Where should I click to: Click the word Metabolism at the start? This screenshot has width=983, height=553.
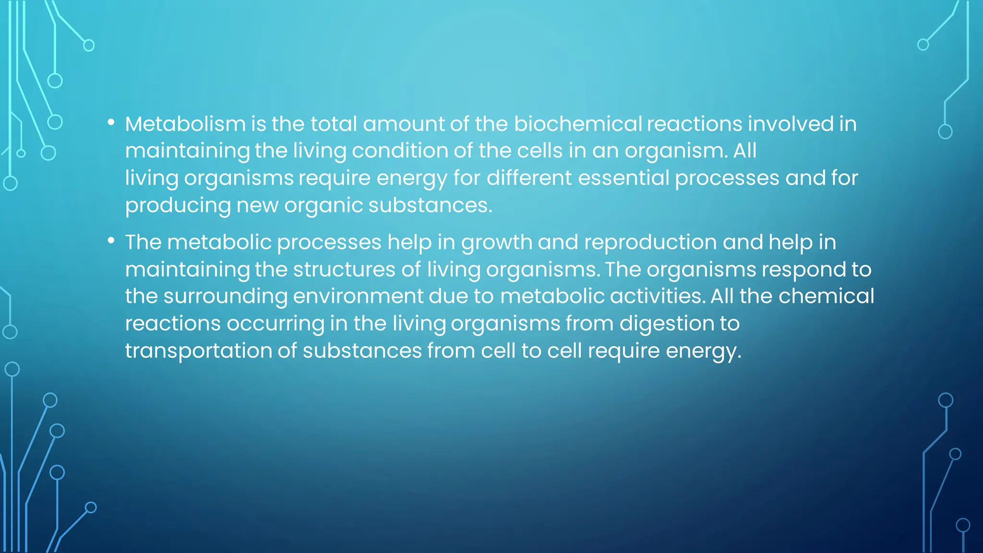[185, 124]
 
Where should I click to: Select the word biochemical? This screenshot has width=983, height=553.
[577, 124]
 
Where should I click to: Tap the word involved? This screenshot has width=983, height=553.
[790, 124]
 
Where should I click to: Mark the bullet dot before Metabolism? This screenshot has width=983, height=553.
[111, 123]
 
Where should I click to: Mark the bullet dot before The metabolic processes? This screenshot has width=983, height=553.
[111, 241]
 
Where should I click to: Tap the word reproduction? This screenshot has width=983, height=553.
[650, 242]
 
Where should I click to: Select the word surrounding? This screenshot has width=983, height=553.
[225, 296]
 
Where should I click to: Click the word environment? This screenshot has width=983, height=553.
[358, 296]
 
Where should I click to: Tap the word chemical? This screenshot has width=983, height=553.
[826, 296]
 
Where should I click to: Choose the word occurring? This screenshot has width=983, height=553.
[276, 324]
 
